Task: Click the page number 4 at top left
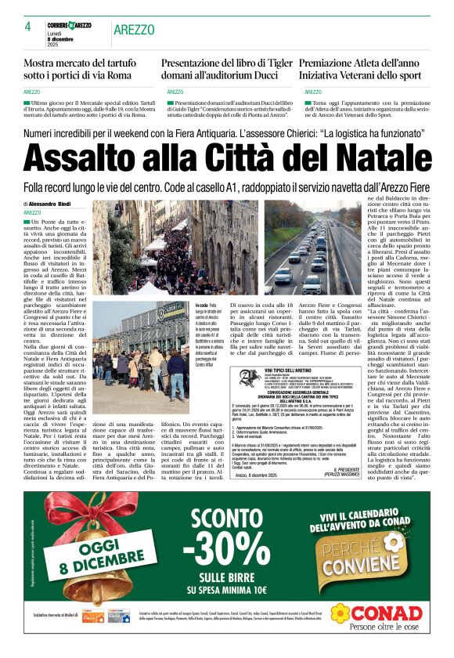tap(27, 27)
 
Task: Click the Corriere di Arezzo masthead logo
tap(69, 25)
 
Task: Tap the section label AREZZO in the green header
tap(134, 30)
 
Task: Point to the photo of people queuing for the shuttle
tap(143, 351)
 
